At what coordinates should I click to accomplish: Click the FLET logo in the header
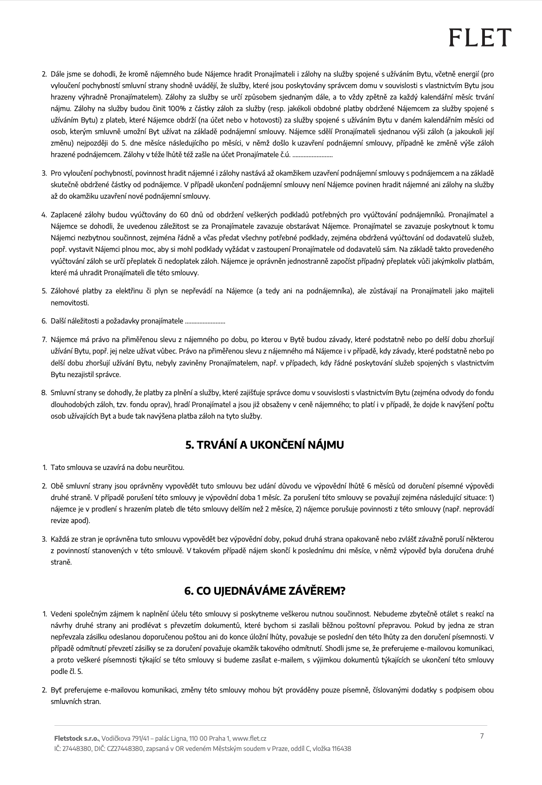click(x=480, y=37)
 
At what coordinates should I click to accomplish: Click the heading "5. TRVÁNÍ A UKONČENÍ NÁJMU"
click(x=264, y=445)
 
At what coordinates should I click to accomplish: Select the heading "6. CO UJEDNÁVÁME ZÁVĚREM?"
click(x=264, y=591)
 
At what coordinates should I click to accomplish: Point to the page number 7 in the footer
click(x=482, y=736)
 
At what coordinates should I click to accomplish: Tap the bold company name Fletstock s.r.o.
click(x=77, y=739)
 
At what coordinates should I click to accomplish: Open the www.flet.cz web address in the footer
click(x=249, y=739)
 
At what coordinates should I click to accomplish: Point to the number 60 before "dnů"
click(x=184, y=215)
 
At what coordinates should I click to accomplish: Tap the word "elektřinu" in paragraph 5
click(x=130, y=291)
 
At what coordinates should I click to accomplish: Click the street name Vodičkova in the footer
click(x=115, y=739)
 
